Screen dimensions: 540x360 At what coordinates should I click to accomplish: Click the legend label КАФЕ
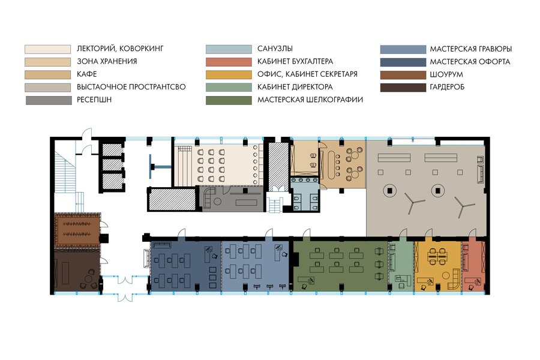(87, 74)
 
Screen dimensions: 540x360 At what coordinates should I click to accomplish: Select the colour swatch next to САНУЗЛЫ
(229, 49)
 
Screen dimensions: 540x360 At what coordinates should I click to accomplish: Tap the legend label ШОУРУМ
(446, 74)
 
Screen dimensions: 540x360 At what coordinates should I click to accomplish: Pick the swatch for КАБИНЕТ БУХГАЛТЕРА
(229, 62)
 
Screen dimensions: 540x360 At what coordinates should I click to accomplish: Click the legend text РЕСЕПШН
(94, 100)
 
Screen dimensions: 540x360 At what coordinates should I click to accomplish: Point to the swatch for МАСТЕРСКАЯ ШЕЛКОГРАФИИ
(229, 100)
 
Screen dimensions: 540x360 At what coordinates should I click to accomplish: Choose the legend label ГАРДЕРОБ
(447, 87)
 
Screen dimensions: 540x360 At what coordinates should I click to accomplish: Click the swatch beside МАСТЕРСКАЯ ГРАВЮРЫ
(403, 49)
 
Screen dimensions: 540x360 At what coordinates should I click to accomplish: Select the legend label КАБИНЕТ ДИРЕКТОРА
(295, 87)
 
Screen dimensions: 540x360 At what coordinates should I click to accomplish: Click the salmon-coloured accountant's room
(473, 266)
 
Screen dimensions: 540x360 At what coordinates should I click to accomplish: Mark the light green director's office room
(401, 266)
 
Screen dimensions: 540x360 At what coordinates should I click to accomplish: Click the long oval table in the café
(332, 164)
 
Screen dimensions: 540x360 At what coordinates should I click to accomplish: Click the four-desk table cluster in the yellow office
(437, 256)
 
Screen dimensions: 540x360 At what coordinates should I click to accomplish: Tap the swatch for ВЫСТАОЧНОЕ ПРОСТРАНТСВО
(47, 87)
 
